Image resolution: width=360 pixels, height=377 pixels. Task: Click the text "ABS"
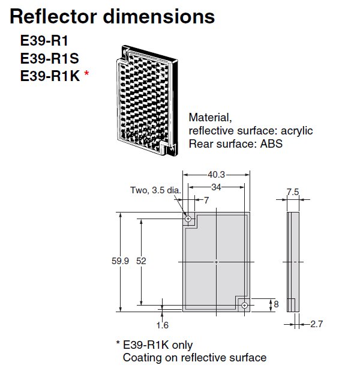(270, 144)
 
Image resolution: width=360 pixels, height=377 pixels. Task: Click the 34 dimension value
(217, 187)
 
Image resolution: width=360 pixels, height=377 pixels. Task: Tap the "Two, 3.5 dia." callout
(155, 191)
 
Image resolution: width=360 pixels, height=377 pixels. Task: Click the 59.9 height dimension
(121, 262)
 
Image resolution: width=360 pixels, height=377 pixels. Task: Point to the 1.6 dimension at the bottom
(161, 325)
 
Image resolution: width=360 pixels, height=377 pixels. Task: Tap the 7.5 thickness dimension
(293, 192)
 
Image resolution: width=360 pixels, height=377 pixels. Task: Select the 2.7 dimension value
(316, 325)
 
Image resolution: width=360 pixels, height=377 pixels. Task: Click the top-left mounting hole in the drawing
(188, 220)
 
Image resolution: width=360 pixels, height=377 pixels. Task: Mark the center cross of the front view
(217, 262)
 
